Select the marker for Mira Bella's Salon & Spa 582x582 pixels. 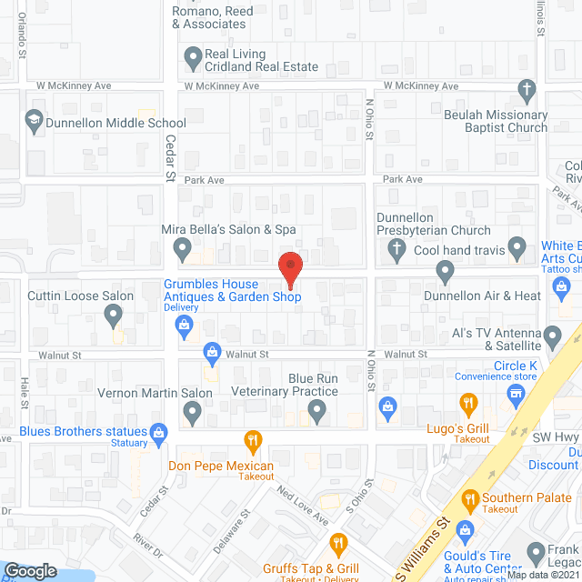181,246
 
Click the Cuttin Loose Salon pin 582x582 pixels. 113,315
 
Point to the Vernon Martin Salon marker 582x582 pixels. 192,413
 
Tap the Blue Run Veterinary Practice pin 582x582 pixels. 317,413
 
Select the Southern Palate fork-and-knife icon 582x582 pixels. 470,498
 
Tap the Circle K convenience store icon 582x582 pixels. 517,391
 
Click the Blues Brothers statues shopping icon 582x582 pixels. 159,431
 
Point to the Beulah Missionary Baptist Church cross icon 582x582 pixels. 525,90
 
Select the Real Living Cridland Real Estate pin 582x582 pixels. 192,57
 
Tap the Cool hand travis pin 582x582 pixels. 517,246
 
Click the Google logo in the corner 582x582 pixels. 30,570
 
